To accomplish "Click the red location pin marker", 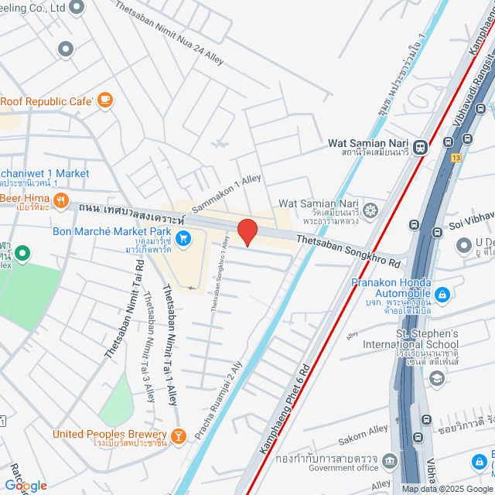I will tap(247, 231).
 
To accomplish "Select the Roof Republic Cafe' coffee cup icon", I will tap(105, 100).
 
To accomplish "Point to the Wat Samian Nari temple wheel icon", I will tap(370, 209).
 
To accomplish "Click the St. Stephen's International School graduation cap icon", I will tap(436, 377).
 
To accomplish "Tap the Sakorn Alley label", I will tap(367, 435).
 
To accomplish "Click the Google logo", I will tap(25, 485).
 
